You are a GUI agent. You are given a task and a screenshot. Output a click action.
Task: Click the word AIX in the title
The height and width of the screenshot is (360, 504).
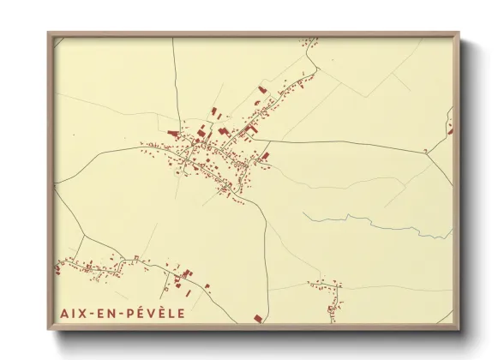[x=73, y=314]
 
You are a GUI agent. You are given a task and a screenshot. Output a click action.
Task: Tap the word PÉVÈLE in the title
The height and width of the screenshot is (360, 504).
[x=157, y=314]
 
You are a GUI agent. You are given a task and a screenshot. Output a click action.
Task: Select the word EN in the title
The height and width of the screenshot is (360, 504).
[x=110, y=314]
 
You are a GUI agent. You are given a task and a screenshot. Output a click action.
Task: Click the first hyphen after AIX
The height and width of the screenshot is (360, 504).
[x=92, y=314]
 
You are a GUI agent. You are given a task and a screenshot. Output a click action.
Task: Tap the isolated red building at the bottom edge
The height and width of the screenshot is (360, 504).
[x=256, y=319]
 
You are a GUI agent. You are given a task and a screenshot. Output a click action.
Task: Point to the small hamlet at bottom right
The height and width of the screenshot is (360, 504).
[x=328, y=290]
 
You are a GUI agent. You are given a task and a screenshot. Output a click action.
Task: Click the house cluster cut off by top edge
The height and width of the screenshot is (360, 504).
[x=309, y=39]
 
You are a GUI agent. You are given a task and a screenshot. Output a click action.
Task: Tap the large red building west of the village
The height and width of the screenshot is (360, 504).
[x=174, y=135]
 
